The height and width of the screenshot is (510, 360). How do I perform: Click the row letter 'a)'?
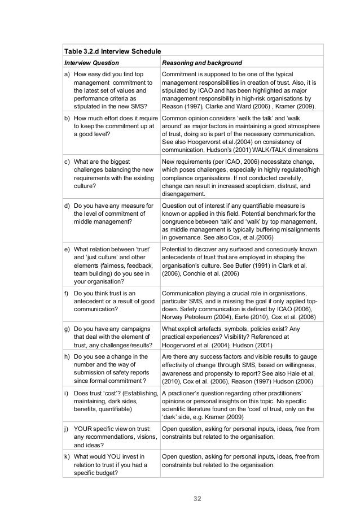pos(68,74)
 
